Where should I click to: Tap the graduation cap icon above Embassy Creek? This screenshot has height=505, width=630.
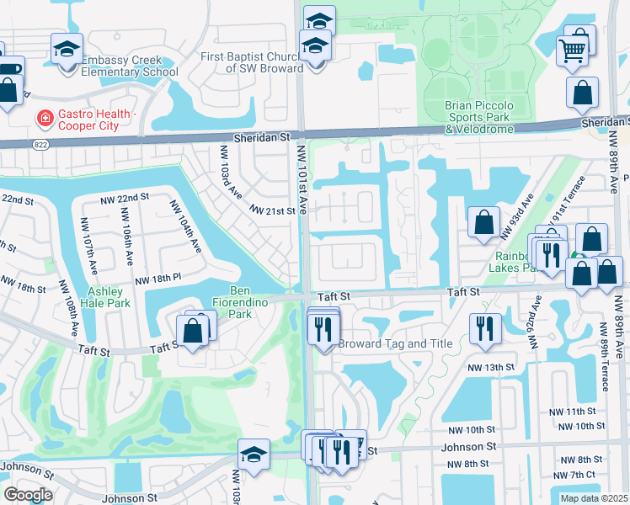tap(66, 49)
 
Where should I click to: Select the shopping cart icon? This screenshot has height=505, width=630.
tap(572, 50)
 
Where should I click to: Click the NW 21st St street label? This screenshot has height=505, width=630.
tap(272, 210)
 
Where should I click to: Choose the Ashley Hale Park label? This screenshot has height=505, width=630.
tap(105, 297)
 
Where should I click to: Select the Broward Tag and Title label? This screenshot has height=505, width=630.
tap(395, 343)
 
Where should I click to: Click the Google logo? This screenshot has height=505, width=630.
tap(28, 495)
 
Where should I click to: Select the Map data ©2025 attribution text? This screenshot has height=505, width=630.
tap(593, 498)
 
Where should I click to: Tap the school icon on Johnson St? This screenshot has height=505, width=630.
tap(254, 455)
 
